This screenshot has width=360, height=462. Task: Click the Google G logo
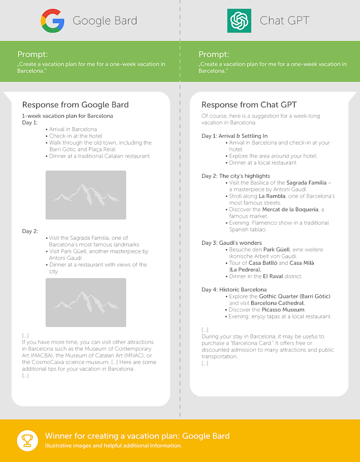pos(52,21)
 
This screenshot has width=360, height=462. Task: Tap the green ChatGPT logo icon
pos(239,21)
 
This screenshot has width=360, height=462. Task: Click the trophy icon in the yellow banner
pos(26,440)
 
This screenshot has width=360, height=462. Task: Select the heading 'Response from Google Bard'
pos(75,105)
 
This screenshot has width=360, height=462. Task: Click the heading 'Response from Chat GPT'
pos(249,105)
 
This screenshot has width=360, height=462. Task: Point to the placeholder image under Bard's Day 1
pos(85,195)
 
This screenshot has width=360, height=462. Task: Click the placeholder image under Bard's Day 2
pos(85,302)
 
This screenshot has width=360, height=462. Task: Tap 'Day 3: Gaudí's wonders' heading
pos(231,243)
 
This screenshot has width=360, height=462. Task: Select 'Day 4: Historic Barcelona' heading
pos(234,289)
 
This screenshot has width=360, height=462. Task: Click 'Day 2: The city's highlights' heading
pos(235,176)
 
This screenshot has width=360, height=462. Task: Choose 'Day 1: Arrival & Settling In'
pos(234,136)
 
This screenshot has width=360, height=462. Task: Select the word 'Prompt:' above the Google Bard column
pos(32,54)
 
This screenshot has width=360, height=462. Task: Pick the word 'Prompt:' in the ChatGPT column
pos(213,54)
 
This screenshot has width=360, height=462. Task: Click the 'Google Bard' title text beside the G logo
pos(104,21)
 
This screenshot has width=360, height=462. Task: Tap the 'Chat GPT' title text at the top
pos(284,21)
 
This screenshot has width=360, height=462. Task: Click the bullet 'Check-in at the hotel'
pos(75,136)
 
